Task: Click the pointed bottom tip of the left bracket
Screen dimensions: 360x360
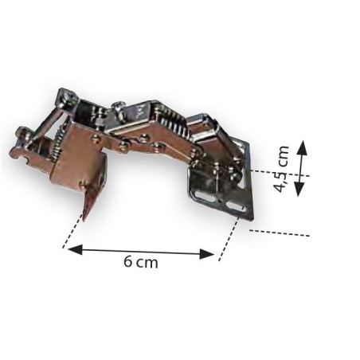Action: pos(87,217)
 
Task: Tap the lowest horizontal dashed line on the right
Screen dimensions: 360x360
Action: pos(279,233)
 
